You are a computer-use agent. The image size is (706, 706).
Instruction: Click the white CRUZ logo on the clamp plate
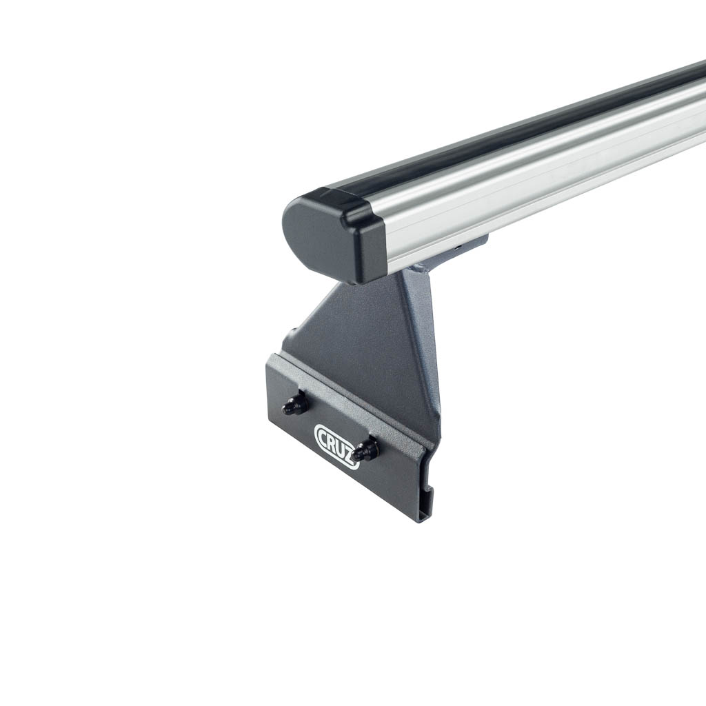pos(336,446)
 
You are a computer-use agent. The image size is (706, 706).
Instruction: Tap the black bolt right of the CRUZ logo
pos(364,450)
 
